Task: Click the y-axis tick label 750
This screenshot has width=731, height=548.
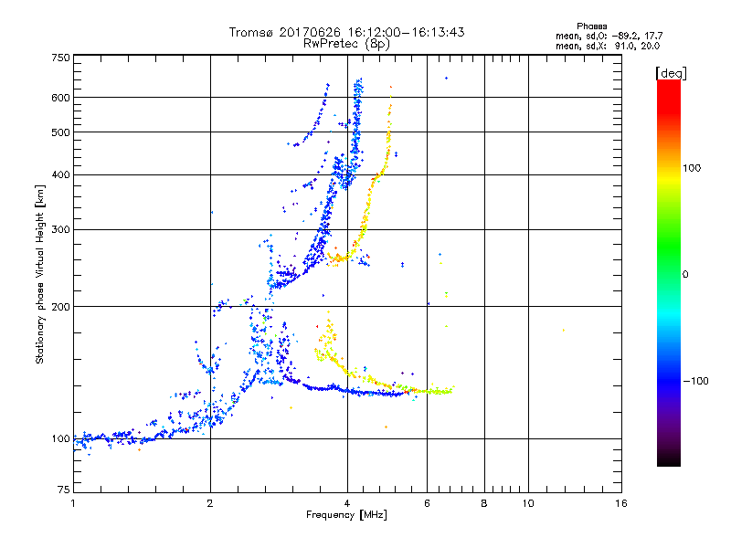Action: point(61,58)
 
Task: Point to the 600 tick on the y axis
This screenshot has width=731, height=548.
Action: point(61,98)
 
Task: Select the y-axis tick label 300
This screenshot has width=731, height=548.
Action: point(61,229)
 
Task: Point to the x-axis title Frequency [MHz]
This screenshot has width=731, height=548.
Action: point(346,516)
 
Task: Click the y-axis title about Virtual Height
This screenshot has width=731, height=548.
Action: point(40,274)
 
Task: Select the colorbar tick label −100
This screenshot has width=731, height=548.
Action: point(696,380)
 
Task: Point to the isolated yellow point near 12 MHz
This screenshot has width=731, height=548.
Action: point(563,330)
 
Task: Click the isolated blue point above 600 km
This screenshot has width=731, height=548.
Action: point(446,78)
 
